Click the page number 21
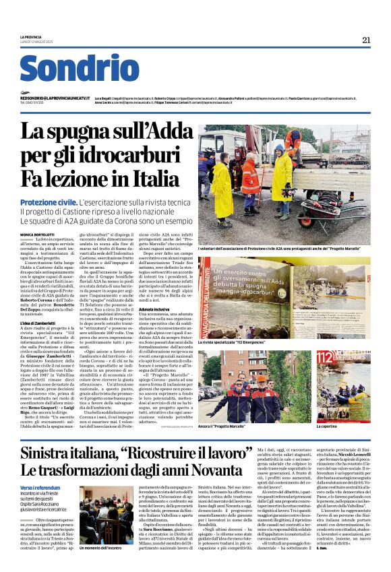click(x=366, y=40)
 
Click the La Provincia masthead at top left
click(x=30, y=36)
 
